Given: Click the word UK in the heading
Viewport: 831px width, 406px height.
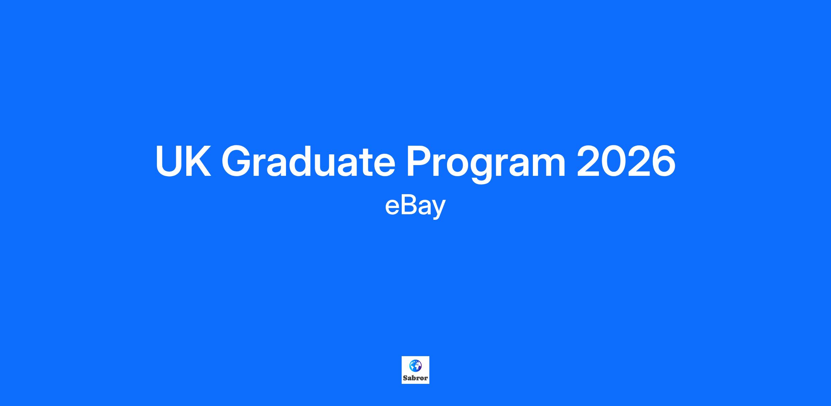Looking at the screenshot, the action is pyautogui.click(x=183, y=161).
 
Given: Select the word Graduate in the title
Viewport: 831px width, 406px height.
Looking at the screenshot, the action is pyautogui.click(x=309, y=161).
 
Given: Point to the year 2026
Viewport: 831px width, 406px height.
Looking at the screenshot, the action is pyautogui.click(x=626, y=161).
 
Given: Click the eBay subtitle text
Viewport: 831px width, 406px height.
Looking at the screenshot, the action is pyautogui.click(x=415, y=207).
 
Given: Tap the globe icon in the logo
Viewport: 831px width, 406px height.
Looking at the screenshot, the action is pyautogui.click(x=415, y=366).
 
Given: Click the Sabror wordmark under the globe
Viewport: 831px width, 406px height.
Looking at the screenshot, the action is pyautogui.click(x=415, y=378).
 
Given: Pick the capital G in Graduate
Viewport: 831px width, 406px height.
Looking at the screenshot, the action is pyautogui.click(x=237, y=161).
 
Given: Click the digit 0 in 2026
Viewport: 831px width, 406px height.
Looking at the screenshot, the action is pyautogui.click(x=613, y=161).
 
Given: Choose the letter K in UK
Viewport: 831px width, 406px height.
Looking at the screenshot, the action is pyautogui.click(x=198, y=161).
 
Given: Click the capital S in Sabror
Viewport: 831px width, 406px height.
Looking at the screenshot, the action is pyautogui.click(x=405, y=378).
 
